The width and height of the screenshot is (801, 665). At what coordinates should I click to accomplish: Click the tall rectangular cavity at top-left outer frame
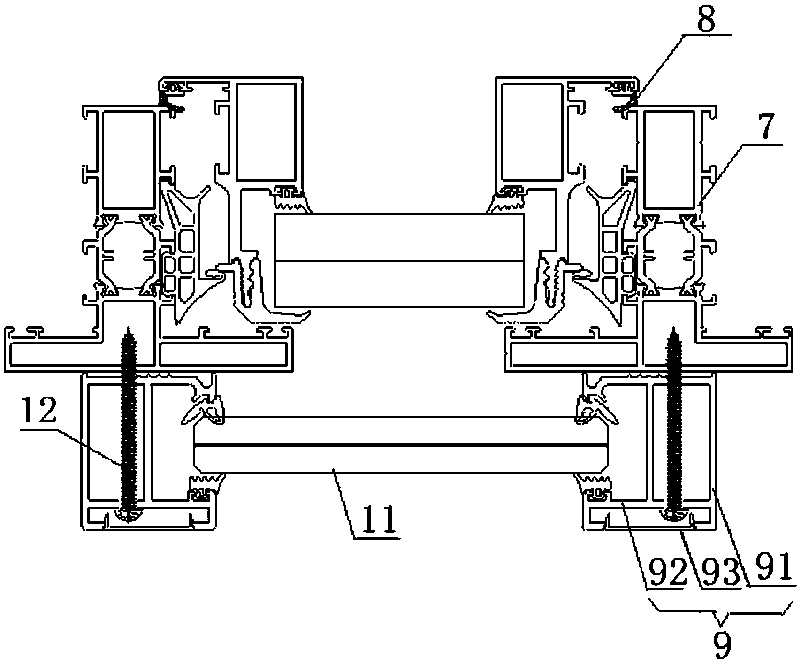(129, 160)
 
